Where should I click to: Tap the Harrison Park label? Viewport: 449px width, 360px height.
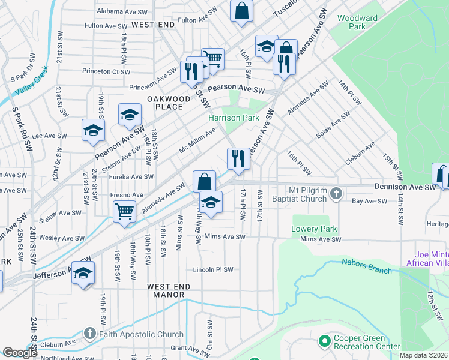pos(234,118)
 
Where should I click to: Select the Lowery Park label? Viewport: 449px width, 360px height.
pos(314,229)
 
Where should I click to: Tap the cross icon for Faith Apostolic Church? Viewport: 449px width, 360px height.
pos(90,334)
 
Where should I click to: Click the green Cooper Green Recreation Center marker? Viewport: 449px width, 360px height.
pos(325,341)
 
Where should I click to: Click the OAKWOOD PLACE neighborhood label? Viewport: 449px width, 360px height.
pos(165,103)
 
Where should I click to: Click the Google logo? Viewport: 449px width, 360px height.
pos(19,353)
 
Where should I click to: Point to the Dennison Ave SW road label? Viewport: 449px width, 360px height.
pos(404,187)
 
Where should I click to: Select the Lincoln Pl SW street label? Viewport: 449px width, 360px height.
pos(213,269)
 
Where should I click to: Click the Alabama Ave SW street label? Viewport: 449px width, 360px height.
pos(122,11)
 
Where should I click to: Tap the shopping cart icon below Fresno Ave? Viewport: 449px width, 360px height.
pos(124,211)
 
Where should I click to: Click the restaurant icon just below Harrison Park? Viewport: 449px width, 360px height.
pos(238,158)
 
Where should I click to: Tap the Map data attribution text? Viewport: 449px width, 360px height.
pos(423,355)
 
